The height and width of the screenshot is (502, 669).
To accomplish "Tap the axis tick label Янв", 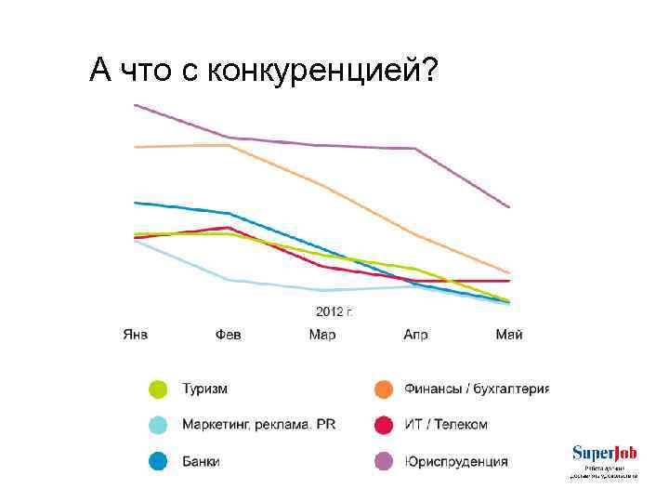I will (136, 335).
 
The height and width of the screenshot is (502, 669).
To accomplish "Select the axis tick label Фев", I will (229, 335).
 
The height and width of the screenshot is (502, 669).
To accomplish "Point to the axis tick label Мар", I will (322, 335).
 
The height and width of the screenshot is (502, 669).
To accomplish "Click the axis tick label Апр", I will (415, 335).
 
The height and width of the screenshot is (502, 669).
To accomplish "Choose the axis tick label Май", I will (509, 335).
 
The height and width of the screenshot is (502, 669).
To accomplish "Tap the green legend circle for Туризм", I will (159, 389).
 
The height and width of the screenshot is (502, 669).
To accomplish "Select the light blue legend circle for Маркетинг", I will (159, 425).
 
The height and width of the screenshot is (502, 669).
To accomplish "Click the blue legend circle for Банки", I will (159, 461).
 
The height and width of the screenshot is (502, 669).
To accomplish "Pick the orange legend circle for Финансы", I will (383, 389).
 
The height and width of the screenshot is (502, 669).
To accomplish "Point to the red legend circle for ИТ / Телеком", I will (383, 425).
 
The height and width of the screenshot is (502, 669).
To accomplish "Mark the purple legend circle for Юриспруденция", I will (383, 461).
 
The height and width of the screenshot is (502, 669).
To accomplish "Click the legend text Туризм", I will (204, 389).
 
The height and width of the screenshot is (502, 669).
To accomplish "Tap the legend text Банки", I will (201, 461).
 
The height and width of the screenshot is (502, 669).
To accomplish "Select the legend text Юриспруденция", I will (456, 461).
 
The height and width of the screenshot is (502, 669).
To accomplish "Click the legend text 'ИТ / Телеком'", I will (446, 425).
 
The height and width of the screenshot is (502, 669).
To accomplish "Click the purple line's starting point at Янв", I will (136, 105).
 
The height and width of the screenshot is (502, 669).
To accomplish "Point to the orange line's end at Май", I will (509, 272).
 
